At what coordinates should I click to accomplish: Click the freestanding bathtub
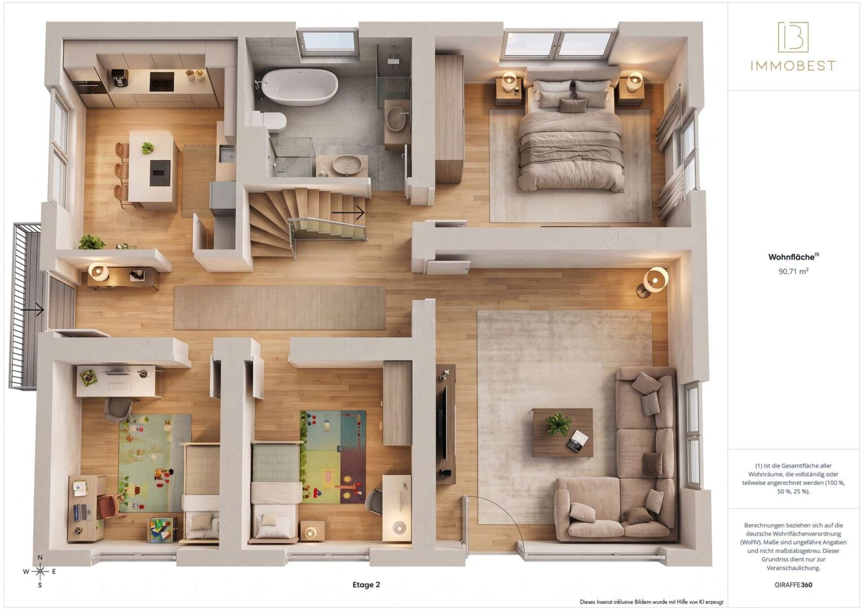click(x=300, y=88)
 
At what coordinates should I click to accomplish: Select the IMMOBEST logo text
click(x=793, y=66)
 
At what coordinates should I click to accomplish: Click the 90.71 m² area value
click(x=793, y=271)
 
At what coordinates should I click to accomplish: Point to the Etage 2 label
click(x=366, y=585)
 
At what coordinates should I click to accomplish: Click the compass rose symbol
click(x=40, y=572)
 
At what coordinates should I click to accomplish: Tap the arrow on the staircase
click(x=348, y=212)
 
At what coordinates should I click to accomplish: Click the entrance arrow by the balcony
click(x=32, y=310)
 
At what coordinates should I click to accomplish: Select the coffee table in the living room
click(x=563, y=433)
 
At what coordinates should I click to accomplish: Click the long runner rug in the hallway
click(x=279, y=307)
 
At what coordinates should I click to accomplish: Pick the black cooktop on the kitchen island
click(x=160, y=173)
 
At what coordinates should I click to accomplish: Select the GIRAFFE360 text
click(x=793, y=585)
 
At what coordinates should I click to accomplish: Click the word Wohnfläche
click(x=791, y=257)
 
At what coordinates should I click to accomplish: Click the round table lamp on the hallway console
click(x=98, y=271)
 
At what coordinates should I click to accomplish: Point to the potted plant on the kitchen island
click(x=147, y=147)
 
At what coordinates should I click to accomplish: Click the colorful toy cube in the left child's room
click(x=162, y=530)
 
